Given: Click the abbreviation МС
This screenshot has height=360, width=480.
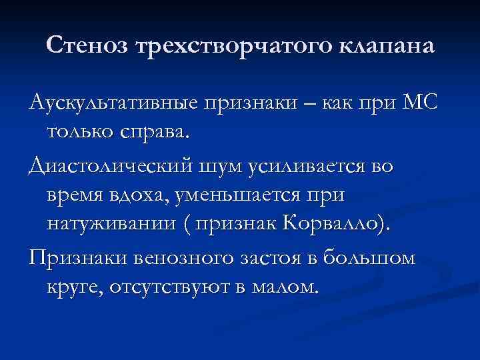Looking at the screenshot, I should (419, 103).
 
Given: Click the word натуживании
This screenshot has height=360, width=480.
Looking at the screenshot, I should (110, 223).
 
